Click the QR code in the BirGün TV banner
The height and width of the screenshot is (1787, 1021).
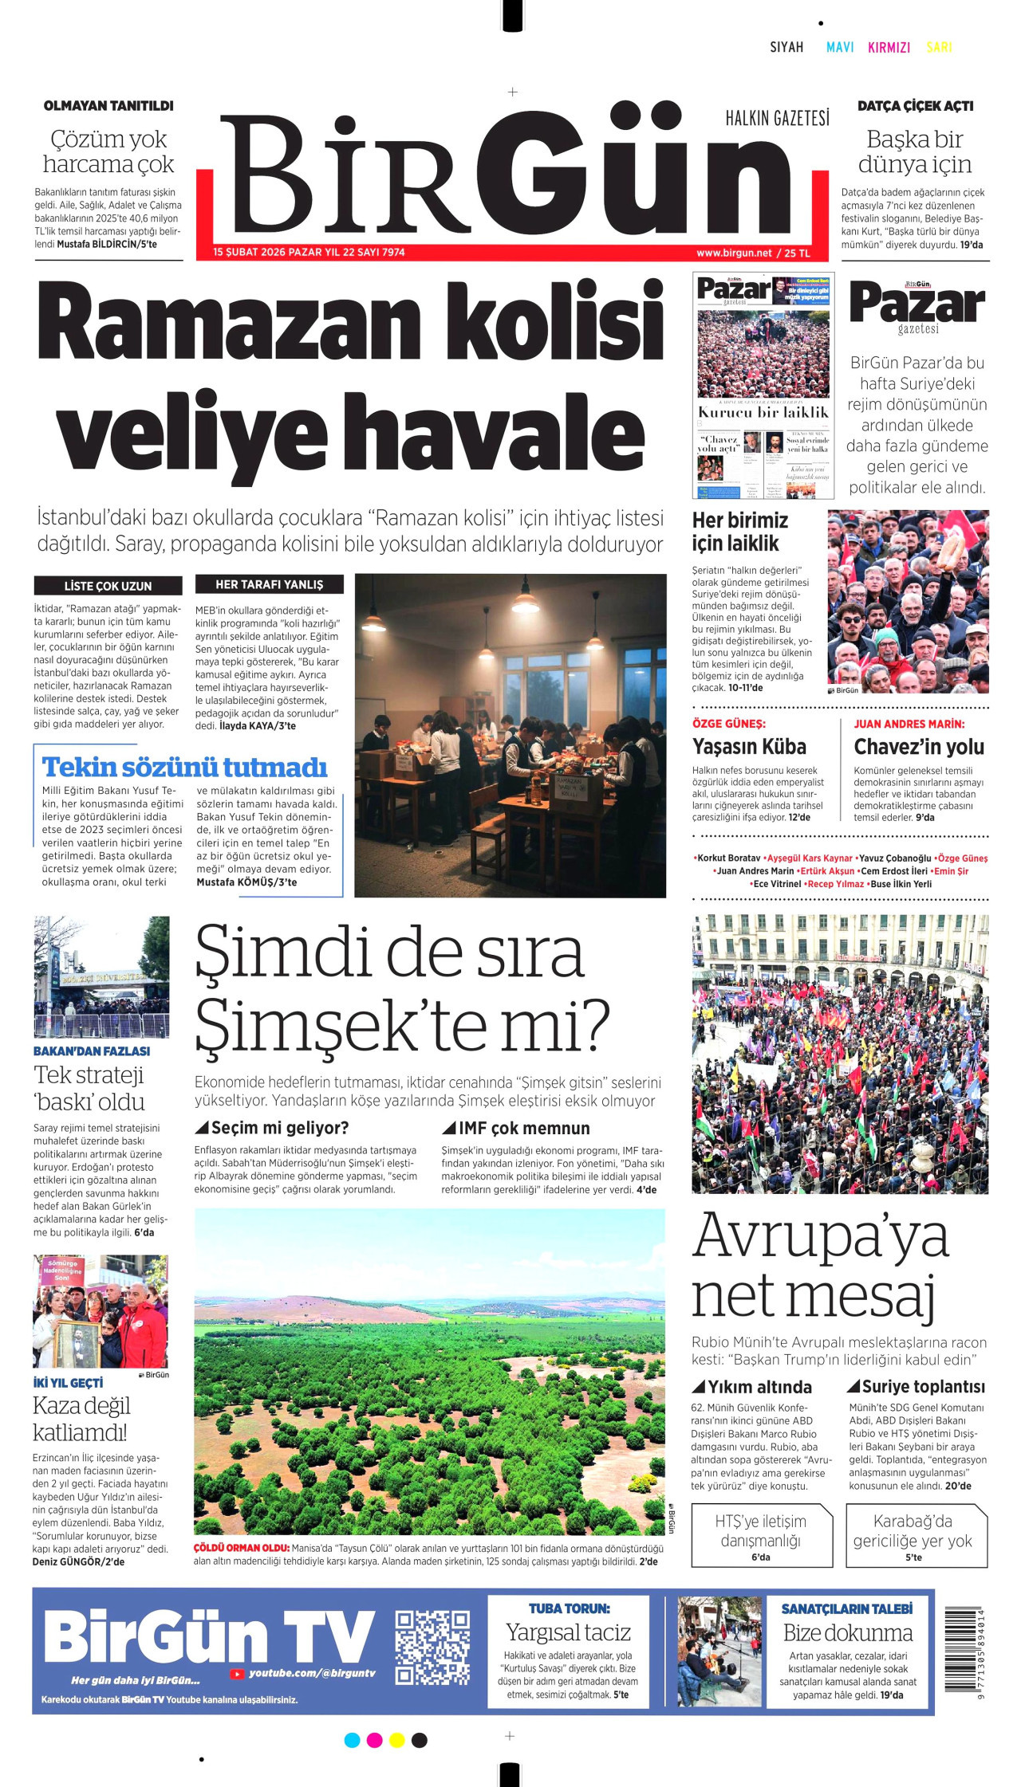(432, 1647)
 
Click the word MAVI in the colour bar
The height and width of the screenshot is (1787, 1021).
(840, 47)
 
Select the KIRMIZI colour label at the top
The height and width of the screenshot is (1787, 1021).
(889, 47)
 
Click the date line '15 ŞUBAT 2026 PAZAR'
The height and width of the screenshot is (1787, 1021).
(267, 253)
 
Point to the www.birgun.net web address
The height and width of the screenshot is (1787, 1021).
(734, 253)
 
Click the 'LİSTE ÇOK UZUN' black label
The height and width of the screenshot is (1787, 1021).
(108, 586)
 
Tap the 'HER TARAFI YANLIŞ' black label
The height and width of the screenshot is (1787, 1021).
(270, 584)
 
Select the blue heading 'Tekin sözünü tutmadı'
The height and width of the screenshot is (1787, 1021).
(184, 767)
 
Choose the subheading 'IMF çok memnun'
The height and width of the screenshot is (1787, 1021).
(523, 1128)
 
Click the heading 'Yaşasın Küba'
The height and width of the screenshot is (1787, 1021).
(749, 747)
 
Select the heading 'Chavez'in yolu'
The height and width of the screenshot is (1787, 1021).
(919, 747)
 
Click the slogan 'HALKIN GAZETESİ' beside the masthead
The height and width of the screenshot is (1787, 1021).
(777, 119)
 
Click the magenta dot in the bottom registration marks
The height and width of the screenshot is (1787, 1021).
(374, 1740)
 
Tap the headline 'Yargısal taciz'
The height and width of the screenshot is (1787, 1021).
(568, 1632)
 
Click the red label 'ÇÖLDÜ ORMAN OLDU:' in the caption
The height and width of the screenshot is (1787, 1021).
(242, 1548)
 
